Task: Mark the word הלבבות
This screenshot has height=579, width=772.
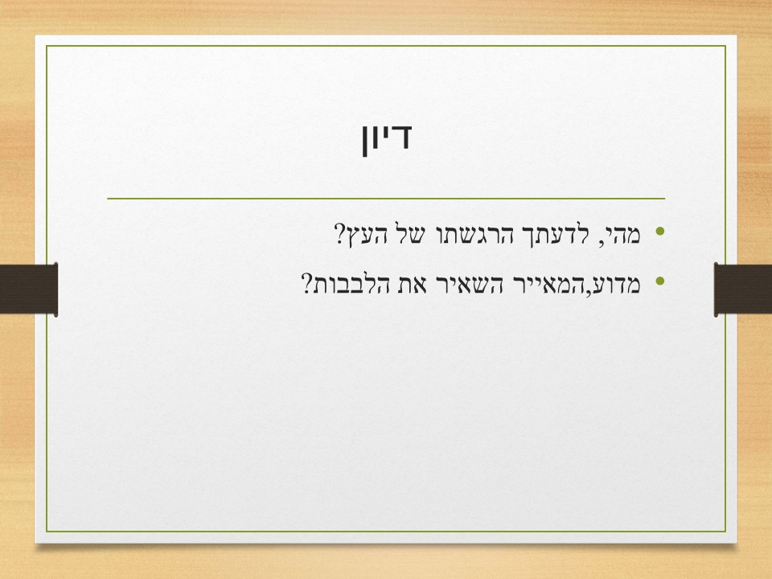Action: coord(359,283)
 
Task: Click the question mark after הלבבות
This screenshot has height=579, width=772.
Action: coord(307,283)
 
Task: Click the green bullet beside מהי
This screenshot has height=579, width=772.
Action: coord(661,233)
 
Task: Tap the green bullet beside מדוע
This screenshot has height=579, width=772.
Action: coord(661,281)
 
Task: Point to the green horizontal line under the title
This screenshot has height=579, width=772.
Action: coord(386,198)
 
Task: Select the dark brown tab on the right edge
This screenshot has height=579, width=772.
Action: coord(743,289)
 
